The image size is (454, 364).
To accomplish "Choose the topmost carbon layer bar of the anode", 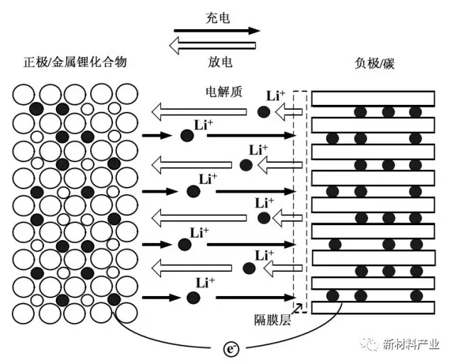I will tap(372, 98).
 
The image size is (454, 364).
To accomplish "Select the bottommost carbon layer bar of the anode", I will tap(372, 308).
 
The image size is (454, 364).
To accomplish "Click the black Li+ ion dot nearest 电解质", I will tap(262, 111).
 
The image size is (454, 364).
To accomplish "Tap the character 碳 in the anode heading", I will tap(388, 64).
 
